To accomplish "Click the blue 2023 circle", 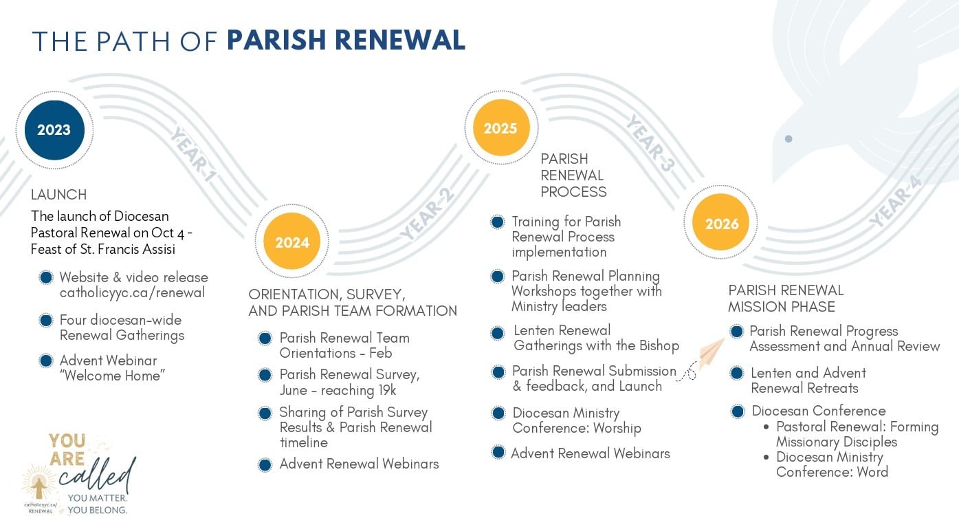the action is point(54,130).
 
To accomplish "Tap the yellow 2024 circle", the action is point(292,241).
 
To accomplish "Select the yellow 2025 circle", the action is point(501,128).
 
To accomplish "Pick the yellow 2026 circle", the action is point(721,222).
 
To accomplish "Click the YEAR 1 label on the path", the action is point(193,154).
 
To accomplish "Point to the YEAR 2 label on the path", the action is point(427,214).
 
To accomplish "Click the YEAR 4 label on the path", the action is point(895,202).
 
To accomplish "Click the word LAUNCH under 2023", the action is point(58,195).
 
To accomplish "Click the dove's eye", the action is point(789,139).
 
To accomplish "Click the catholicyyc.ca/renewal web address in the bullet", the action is point(132,293).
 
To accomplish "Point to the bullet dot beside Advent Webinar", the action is point(46,361).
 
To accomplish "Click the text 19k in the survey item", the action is point(387,390).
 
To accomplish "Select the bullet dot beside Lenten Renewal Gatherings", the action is point(498,334).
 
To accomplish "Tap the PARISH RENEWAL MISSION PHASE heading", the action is point(786,299).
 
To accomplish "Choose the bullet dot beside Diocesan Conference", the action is point(738,411).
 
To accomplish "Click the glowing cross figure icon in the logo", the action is point(38,485).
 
